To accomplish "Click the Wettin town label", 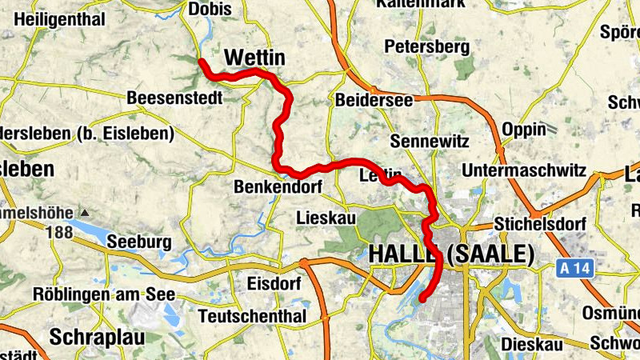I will click(x=255, y=57).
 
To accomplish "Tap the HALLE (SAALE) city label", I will click(x=451, y=254).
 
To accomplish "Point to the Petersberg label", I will click(x=426, y=46).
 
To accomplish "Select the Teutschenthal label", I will click(x=251, y=317).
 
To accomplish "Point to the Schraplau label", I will click(x=97, y=337).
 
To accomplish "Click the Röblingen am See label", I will click(x=104, y=294).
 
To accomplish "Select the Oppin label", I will click(x=524, y=129).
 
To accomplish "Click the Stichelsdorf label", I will click(x=542, y=223).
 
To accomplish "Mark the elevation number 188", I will click(x=60, y=232).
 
